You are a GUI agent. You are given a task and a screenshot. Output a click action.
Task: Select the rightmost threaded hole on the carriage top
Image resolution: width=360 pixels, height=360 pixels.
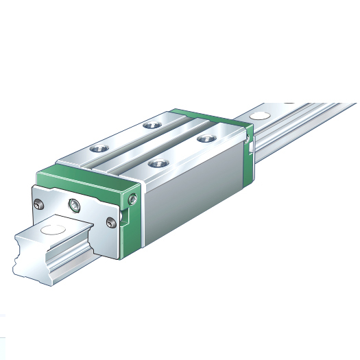(202, 139)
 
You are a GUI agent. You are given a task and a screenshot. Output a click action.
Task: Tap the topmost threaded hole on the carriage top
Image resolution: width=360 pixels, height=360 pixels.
(150, 125)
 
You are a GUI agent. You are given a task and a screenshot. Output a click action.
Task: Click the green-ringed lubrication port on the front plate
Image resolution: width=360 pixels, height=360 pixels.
(73, 204)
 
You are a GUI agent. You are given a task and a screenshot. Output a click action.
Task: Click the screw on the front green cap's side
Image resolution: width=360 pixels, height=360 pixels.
(132, 199)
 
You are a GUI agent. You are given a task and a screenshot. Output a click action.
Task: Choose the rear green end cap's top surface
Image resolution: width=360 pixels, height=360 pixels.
(206, 117)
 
